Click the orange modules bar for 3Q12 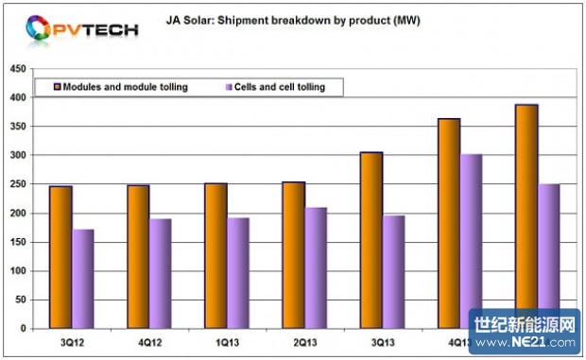[60, 257]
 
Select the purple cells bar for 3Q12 [83, 279]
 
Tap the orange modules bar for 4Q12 [137, 257]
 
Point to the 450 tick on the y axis [18, 69]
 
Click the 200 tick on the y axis [18, 214]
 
